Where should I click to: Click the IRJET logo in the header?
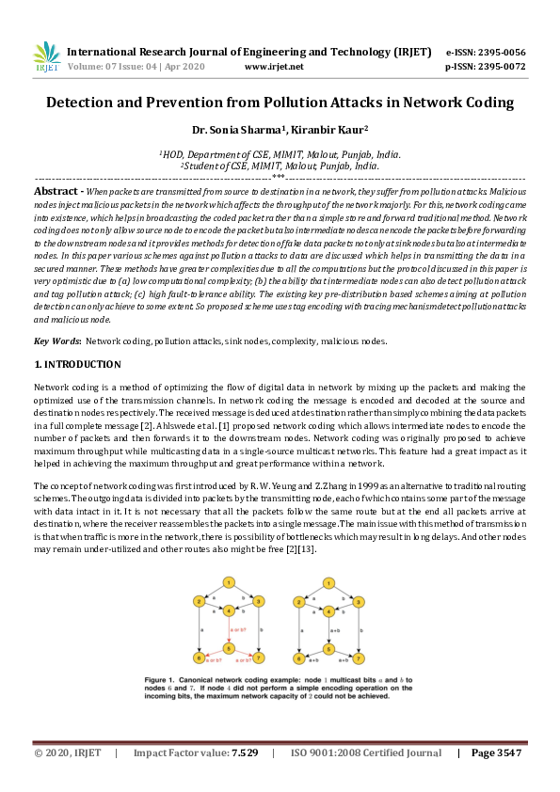point(46,58)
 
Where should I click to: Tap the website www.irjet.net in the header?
point(273,67)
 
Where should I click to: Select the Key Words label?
point(56,341)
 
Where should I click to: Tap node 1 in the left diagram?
point(228,582)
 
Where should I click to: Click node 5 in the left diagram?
point(228,648)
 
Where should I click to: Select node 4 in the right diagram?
point(328,611)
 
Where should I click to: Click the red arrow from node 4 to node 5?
point(228,629)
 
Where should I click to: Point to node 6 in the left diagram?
point(200,657)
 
